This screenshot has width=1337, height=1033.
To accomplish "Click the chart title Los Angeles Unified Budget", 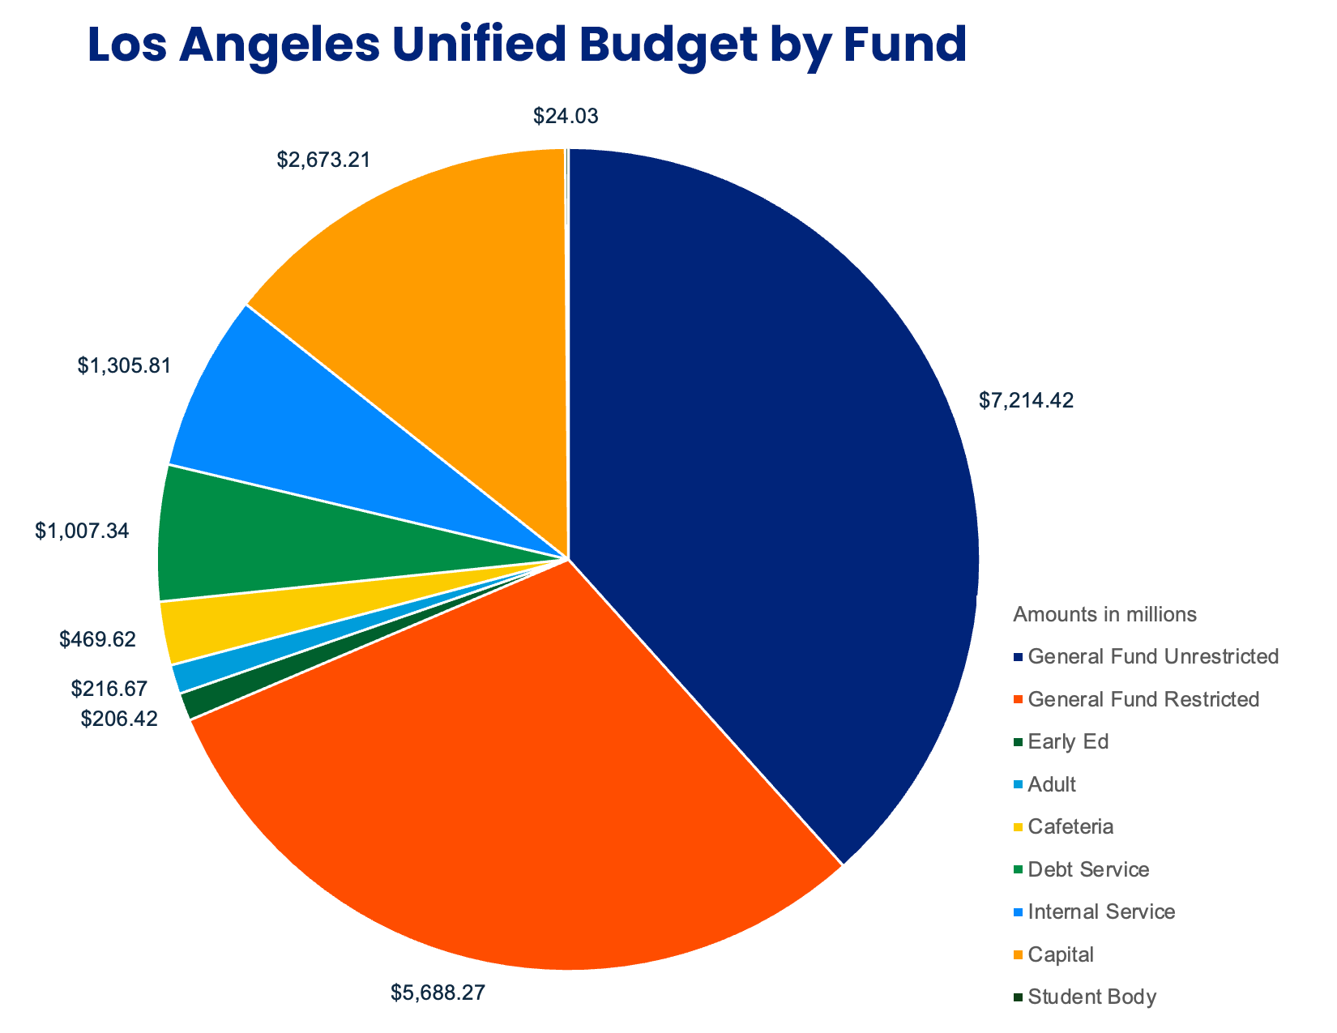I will pyautogui.click(x=527, y=45).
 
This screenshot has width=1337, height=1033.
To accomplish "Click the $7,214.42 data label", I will pyautogui.click(x=1026, y=400).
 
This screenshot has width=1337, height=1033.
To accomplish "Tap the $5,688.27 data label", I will pyautogui.click(x=438, y=992).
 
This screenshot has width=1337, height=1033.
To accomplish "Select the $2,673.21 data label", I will pyautogui.click(x=324, y=160).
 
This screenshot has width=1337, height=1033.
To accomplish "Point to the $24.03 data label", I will pyautogui.click(x=566, y=116).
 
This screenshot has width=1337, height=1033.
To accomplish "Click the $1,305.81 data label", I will pyautogui.click(x=125, y=366).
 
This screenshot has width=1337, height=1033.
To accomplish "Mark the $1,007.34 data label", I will pyautogui.click(x=82, y=531).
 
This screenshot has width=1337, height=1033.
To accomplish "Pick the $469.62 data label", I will pyautogui.click(x=97, y=639).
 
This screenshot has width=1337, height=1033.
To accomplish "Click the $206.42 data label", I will pyautogui.click(x=119, y=718).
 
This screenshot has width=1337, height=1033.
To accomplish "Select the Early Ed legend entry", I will pyautogui.click(x=1067, y=741).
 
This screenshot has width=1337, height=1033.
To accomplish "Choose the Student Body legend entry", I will pyautogui.click(x=1091, y=997).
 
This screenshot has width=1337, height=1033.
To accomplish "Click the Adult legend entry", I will pyautogui.click(x=1051, y=784).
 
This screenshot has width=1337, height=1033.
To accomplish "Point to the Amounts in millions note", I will pyautogui.click(x=1104, y=614).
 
